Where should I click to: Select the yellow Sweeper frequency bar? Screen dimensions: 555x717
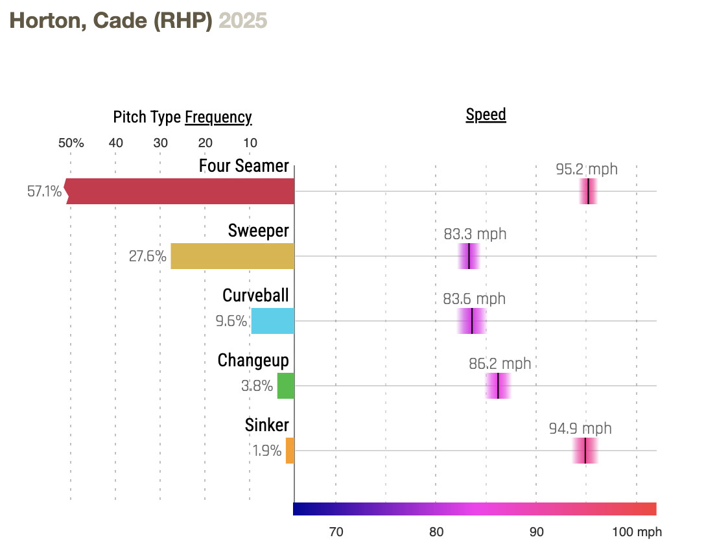232,256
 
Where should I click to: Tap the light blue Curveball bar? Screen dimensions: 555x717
273,321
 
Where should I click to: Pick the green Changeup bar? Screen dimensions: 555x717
286,386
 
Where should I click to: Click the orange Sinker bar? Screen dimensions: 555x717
290,451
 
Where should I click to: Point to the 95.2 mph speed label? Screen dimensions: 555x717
587,169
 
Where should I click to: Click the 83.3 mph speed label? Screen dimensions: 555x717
475,234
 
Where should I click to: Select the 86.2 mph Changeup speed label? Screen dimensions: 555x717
500,364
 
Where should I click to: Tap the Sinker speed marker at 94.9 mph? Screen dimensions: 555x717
585,451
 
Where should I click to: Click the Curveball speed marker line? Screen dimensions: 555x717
472,321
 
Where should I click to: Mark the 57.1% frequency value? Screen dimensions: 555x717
44,191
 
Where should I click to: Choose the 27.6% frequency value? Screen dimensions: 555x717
147,256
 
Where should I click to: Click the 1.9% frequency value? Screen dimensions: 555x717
267,451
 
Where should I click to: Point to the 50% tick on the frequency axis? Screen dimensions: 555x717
71,143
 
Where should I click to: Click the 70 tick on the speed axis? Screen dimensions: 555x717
336,532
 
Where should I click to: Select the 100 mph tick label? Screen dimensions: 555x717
637,532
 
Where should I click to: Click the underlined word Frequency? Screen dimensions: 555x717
218,117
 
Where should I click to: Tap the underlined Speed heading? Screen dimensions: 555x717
486,115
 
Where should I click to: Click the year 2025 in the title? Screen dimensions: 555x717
242,20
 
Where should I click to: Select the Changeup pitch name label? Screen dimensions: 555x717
253,360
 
